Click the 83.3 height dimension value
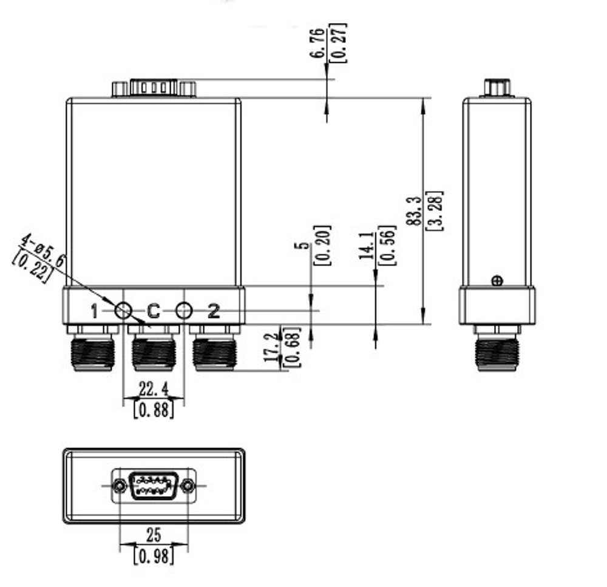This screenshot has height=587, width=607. point(415,210)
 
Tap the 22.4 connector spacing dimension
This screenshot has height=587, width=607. point(153,388)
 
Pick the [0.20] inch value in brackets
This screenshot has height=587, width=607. point(322,246)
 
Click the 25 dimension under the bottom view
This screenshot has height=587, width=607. point(154,535)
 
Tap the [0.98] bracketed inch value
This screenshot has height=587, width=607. point(154,555)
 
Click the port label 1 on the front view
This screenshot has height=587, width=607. point(94,312)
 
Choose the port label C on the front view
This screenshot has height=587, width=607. point(154,312)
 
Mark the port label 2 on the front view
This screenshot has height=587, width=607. point(214,312)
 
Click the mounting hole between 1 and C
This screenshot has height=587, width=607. point(123,312)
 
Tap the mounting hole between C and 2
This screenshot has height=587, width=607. point(183,312)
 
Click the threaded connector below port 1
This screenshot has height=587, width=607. point(93,354)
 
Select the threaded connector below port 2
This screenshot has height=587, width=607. point(214,354)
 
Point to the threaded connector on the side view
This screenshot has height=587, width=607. point(497,354)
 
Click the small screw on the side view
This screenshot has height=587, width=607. point(497,280)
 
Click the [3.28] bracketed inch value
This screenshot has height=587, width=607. point(435,210)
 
